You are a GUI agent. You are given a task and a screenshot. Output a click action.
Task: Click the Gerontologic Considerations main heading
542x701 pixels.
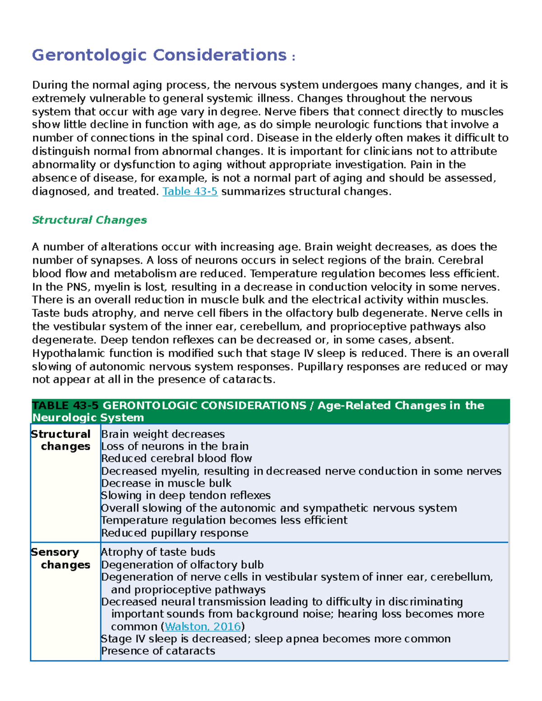[159, 55]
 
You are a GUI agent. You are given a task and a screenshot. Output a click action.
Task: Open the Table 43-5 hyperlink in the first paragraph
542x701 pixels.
[190, 191]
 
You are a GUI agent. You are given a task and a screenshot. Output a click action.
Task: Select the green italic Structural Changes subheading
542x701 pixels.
[89, 220]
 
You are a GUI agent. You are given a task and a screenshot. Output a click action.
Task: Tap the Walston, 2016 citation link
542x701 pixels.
[203, 627]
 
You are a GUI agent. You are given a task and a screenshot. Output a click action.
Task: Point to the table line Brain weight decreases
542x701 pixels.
[163, 434]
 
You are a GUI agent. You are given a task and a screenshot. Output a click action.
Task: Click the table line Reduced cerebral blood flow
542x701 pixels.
[176, 458]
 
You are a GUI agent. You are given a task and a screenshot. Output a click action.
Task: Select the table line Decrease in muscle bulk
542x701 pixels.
[166, 483]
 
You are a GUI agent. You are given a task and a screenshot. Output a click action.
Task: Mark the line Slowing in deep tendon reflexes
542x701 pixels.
[186, 495]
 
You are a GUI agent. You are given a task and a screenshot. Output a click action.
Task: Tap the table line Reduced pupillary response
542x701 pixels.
[174, 533]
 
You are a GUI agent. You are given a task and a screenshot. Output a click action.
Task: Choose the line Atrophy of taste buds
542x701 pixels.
[158, 552]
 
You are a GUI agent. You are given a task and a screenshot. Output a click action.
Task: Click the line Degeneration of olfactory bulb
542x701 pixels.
[182, 565]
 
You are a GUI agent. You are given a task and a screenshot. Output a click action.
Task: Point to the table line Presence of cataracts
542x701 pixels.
[158, 651]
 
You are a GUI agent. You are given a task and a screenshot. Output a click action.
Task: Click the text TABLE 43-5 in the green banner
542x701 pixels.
[65, 405]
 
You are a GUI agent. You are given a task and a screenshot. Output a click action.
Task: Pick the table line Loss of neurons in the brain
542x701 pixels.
[174, 446]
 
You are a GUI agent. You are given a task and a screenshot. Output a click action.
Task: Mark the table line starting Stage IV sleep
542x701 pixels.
[276, 639]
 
